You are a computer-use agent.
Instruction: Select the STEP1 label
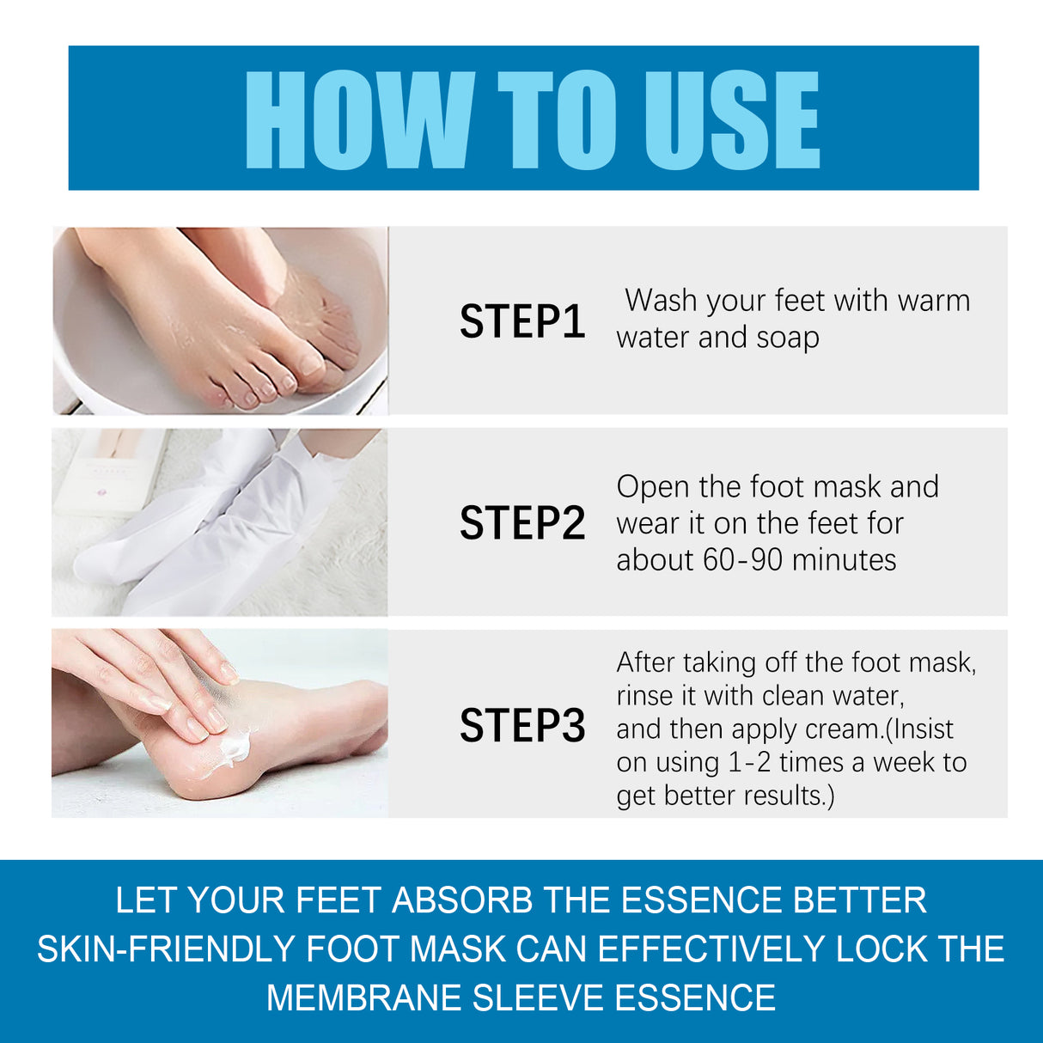coord(521,321)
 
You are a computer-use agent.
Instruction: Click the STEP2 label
coord(521,523)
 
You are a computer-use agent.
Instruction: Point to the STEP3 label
coord(521,725)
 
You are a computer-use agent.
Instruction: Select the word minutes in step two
coord(844,560)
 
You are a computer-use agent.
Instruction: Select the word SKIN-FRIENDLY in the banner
coord(166,949)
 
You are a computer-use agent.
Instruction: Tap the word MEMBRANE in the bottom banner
coord(363,998)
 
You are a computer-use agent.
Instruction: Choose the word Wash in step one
coord(660,301)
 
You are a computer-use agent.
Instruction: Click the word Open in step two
coord(653,487)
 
